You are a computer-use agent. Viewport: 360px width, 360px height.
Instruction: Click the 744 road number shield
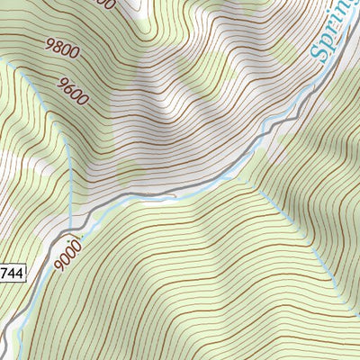tap(12, 271)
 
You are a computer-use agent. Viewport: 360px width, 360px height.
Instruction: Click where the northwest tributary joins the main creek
tap(70, 228)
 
